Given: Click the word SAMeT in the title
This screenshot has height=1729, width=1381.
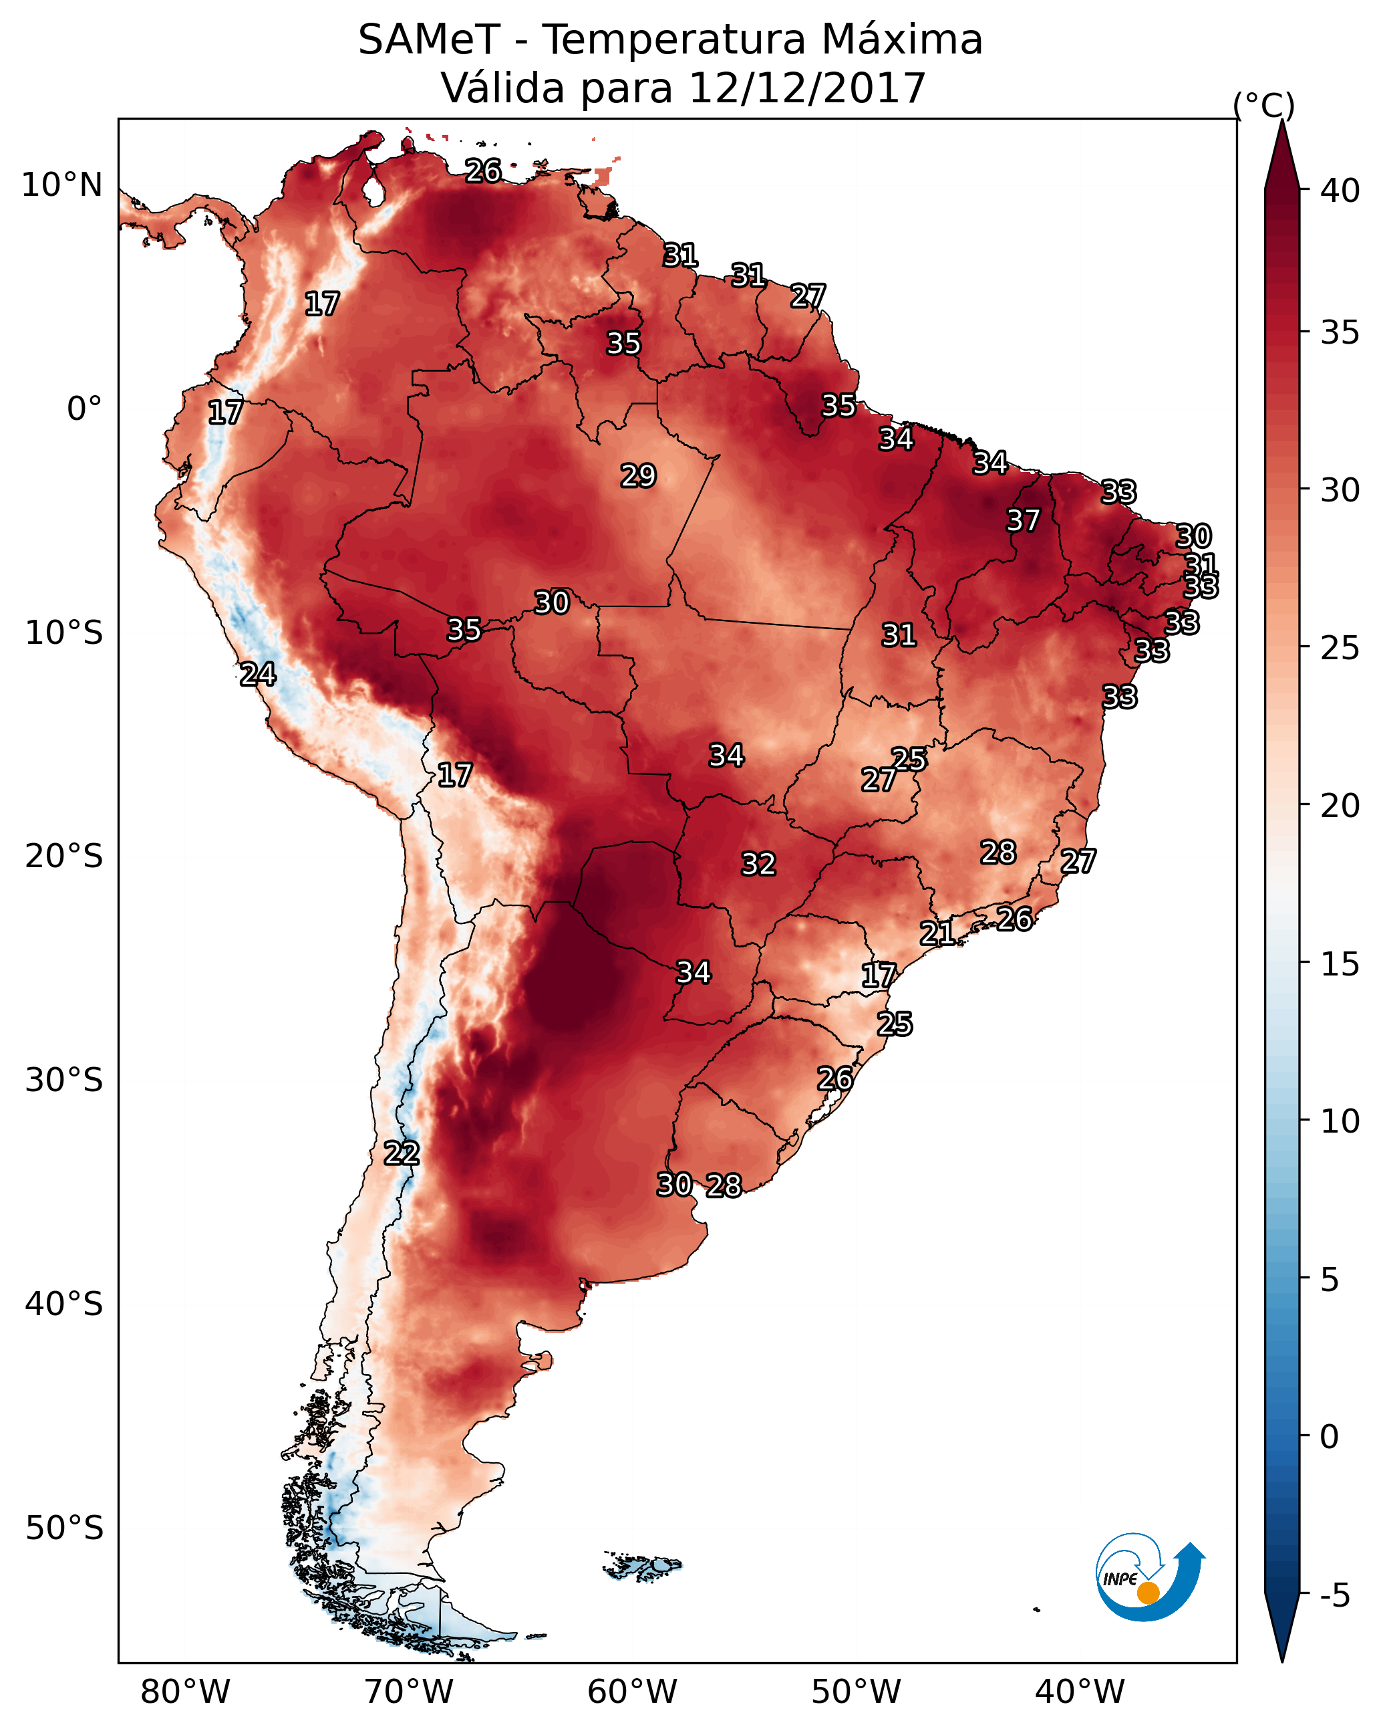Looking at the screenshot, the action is coord(429,40).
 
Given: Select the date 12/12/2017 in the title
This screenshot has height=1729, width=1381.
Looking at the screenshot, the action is coord(806,88).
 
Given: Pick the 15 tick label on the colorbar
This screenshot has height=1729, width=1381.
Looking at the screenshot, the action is coord(1340,964).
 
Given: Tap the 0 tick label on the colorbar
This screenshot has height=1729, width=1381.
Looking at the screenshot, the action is coord(1330,1437).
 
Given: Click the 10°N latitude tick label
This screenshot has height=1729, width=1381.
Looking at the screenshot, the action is coord(61,185).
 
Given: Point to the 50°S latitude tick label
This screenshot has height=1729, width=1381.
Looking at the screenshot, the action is coord(64,1528).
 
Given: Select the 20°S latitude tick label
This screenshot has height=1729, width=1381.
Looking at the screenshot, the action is coord(64,856).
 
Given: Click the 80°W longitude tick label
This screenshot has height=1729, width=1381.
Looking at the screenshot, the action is coord(185,1692).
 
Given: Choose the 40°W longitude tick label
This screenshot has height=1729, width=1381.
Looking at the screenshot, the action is coord(1080,1692).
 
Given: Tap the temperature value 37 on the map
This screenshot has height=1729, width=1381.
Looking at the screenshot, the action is coord(1023,520).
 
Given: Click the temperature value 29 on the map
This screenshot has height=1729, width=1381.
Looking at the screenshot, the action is coord(638,475).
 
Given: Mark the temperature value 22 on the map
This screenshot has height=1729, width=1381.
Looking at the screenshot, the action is coord(401,1153).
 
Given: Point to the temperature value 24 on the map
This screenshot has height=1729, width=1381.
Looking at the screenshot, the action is coord(257,675).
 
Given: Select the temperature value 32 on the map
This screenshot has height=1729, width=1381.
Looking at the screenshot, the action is coord(758,864).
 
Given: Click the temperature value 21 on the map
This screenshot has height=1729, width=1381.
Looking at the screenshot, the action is coord(936,933).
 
